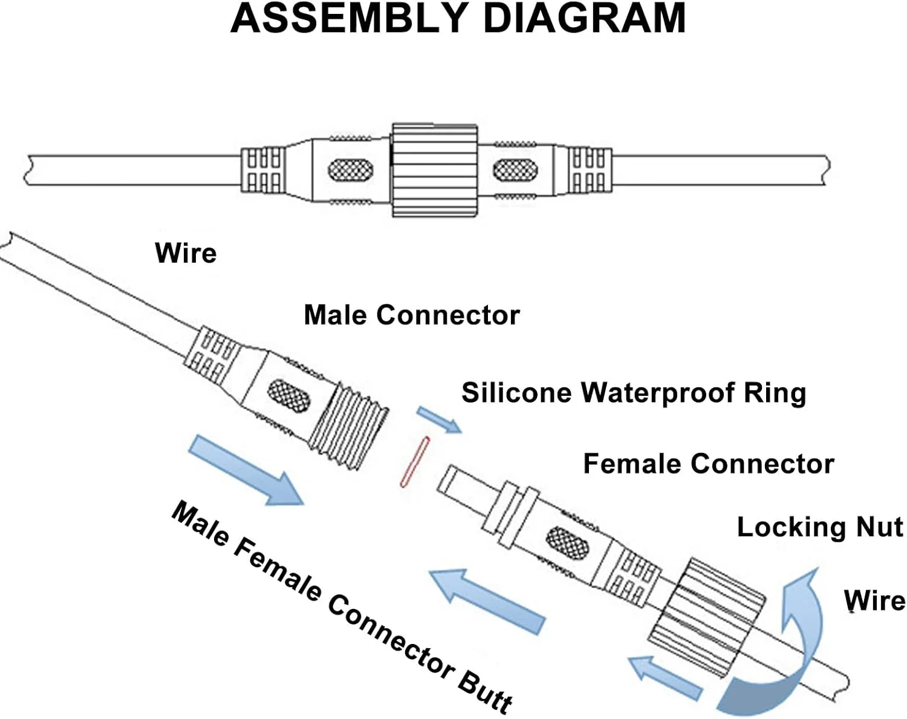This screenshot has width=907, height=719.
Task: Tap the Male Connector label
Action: [x=411, y=315]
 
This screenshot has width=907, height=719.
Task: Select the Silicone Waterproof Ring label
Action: [x=634, y=393]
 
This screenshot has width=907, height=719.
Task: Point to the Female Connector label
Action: [x=708, y=464]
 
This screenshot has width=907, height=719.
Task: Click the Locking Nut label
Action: [x=819, y=527]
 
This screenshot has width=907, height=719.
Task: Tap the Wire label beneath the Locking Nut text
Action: [x=874, y=601]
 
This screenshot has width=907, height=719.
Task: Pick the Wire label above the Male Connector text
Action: [x=186, y=253]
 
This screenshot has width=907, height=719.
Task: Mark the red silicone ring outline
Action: [x=415, y=462]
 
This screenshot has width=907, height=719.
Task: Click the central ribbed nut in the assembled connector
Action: [x=434, y=170]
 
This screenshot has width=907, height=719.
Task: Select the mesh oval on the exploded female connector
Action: [x=567, y=542]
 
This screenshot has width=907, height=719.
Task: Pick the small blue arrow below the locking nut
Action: [x=665, y=677]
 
